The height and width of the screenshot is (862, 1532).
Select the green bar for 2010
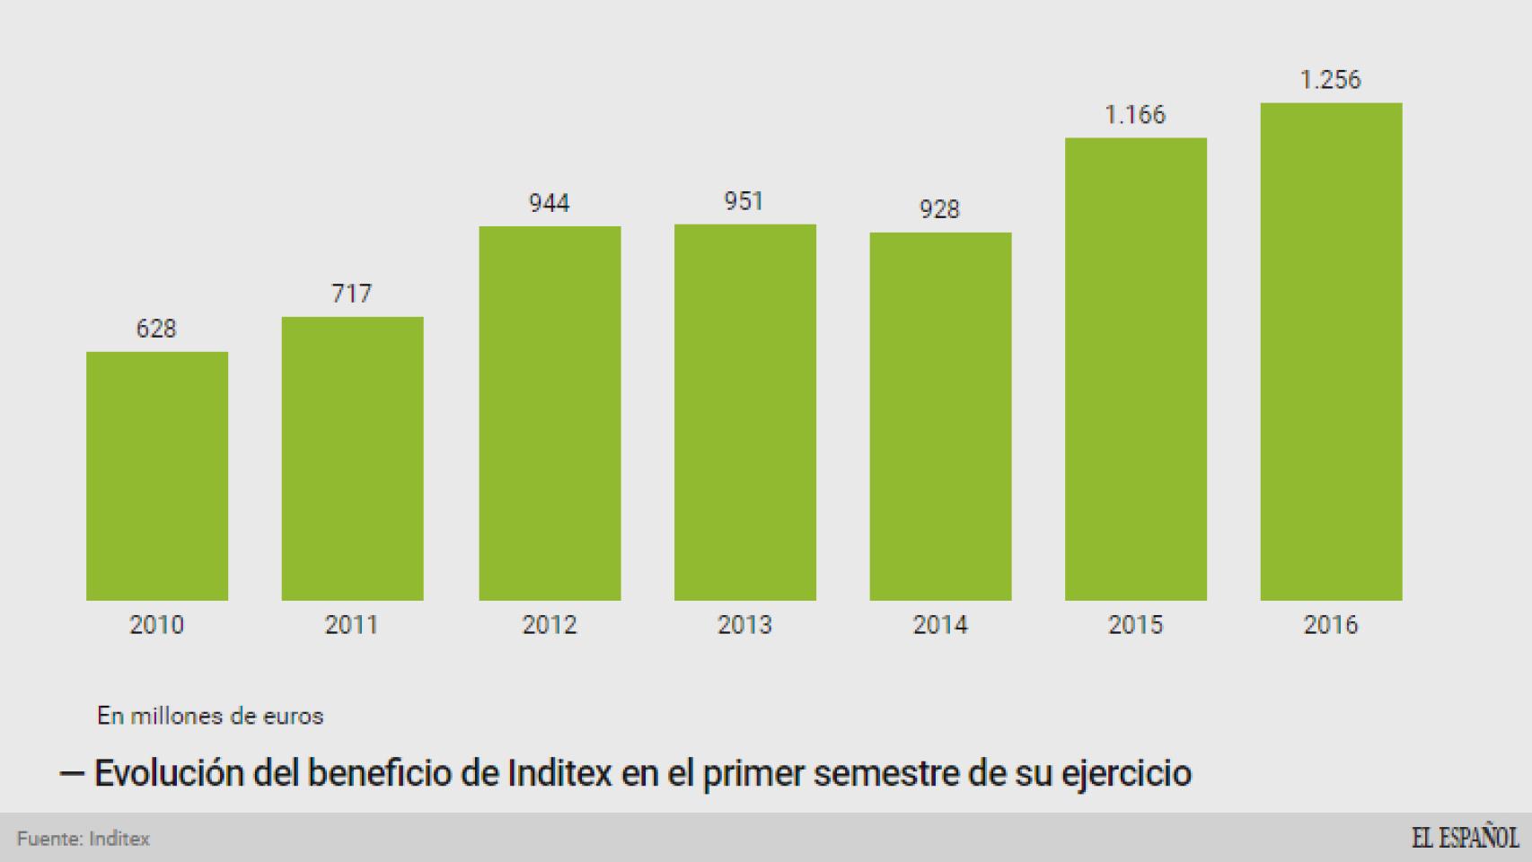click(x=157, y=476)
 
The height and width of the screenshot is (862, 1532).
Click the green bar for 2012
click(x=550, y=413)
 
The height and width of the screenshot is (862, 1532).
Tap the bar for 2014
click(x=940, y=417)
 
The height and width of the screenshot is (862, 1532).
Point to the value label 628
click(x=156, y=329)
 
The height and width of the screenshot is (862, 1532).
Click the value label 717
click(x=351, y=294)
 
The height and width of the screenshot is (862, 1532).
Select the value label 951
click(x=744, y=201)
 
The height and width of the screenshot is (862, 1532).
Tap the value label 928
click(x=939, y=209)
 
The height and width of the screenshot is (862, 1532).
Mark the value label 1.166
click(x=1135, y=115)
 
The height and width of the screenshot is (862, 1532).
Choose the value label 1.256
click(x=1330, y=80)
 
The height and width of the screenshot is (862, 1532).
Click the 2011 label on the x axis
click(x=351, y=625)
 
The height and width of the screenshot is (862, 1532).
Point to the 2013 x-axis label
click(x=744, y=625)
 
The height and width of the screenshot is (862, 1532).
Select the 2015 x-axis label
click(x=1135, y=625)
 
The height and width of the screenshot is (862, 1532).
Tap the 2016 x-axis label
click(x=1330, y=625)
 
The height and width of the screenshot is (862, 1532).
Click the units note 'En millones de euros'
click(x=210, y=716)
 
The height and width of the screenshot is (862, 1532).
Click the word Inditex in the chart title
click(x=559, y=773)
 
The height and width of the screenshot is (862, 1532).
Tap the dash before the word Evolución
click(x=72, y=773)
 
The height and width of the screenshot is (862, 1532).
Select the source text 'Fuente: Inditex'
click(x=84, y=839)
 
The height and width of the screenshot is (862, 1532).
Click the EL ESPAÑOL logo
click(x=1465, y=838)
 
